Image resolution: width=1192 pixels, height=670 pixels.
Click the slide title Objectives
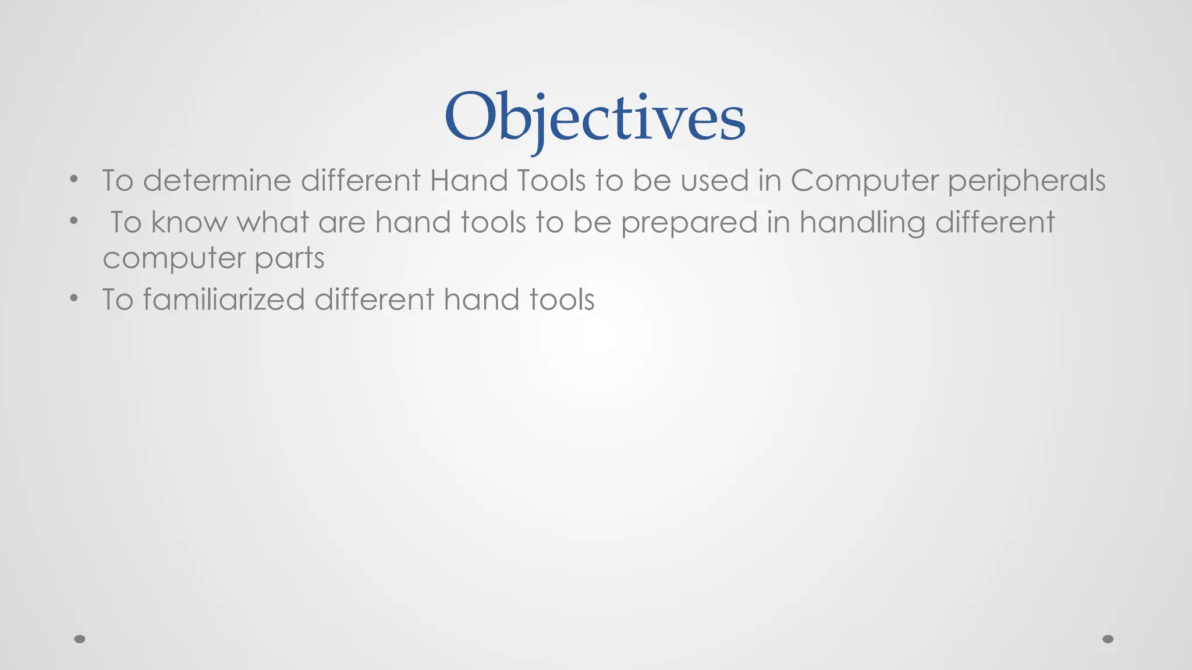[594, 117]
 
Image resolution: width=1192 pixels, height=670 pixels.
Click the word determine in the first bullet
[217, 181]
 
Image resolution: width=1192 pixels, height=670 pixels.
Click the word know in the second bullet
[189, 222]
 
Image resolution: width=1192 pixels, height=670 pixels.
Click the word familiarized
[223, 300]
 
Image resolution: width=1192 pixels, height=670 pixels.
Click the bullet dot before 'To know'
[73, 220]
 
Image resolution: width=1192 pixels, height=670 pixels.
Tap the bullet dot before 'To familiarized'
[73, 298]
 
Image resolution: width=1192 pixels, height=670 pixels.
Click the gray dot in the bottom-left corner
[80, 639]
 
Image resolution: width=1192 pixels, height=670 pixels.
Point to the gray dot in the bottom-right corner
[1108, 639]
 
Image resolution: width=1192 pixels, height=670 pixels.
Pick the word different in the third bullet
[374, 300]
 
